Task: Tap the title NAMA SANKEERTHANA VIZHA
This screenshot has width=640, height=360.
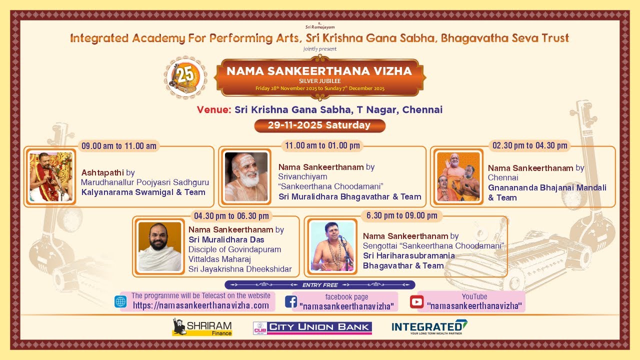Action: (319, 71)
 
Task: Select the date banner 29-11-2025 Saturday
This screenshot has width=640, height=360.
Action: (319, 125)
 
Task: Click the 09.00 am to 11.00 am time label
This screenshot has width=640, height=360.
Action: (119, 146)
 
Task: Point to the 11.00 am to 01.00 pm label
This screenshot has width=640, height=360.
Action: (322, 145)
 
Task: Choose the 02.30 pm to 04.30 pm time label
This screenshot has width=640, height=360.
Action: (529, 145)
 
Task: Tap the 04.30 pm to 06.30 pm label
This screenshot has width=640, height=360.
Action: (231, 216)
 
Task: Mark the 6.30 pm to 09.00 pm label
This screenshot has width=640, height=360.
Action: (401, 215)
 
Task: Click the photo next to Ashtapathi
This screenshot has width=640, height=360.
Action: (50, 177)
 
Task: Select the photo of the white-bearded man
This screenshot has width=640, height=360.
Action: (246, 177)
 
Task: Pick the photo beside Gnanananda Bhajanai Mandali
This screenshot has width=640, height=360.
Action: (458, 177)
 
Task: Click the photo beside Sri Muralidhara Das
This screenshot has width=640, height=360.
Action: (159, 246)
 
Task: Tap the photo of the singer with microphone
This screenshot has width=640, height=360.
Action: (332, 246)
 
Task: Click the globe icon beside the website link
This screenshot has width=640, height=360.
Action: (120, 301)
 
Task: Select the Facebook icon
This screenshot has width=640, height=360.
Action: (290, 302)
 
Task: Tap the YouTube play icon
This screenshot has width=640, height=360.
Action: (416, 302)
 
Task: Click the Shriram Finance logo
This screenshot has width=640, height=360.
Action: (202, 327)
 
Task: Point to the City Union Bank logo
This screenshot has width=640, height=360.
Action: (312, 327)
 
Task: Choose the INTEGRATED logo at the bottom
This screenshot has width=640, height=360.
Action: (429, 327)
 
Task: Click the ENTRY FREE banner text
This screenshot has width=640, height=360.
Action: (320, 285)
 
